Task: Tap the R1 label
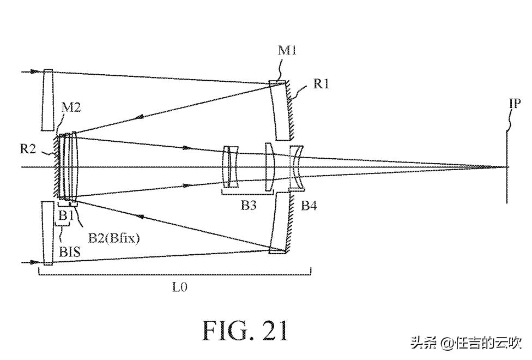point(321,83)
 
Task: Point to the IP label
point(516,103)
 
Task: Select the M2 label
point(71,107)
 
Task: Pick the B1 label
point(65,215)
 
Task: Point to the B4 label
point(309,206)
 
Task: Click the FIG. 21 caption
point(245,329)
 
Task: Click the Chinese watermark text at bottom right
point(466,343)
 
